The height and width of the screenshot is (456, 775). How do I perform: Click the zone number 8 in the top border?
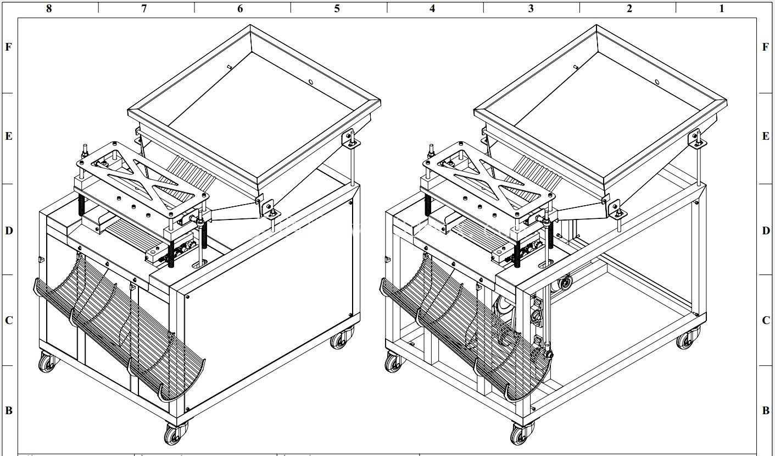49,8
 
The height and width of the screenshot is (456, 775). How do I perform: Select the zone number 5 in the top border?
337,8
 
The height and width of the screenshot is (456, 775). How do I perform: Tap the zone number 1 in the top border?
721,8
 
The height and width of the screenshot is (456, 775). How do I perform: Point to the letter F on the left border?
9,47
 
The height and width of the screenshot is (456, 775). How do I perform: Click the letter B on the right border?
766,410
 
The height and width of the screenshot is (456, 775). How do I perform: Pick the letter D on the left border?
9,230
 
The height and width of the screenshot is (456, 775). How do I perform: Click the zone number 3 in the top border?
531,8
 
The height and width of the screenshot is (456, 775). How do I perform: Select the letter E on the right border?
766,136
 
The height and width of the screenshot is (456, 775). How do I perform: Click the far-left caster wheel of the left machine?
48,362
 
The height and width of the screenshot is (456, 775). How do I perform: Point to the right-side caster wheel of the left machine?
341,338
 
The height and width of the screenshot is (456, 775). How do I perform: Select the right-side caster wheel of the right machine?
687,338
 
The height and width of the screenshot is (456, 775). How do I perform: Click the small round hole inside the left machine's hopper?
310,82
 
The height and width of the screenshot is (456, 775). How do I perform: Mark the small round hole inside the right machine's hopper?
657,82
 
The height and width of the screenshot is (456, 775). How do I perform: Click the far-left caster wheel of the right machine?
394,362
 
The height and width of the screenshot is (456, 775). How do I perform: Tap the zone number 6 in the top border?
240,8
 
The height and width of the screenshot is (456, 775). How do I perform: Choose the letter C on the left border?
9,320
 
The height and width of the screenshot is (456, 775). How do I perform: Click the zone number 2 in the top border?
629,8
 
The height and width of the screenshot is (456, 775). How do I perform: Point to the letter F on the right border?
766,47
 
